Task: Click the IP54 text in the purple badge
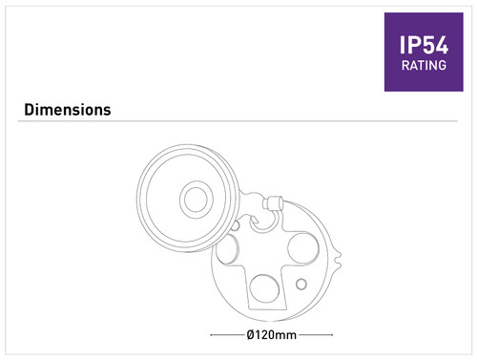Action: click(x=424, y=45)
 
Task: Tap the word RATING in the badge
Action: click(x=424, y=66)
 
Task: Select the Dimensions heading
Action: click(x=68, y=110)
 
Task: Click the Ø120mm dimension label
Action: click(x=271, y=335)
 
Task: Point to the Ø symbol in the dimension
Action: click(x=250, y=335)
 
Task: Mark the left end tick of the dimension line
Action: click(x=211, y=335)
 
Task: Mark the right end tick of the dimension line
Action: click(x=332, y=335)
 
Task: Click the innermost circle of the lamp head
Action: click(x=196, y=200)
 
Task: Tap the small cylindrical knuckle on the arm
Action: click(x=273, y=203)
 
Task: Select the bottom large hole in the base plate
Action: click(x=264, y=288)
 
